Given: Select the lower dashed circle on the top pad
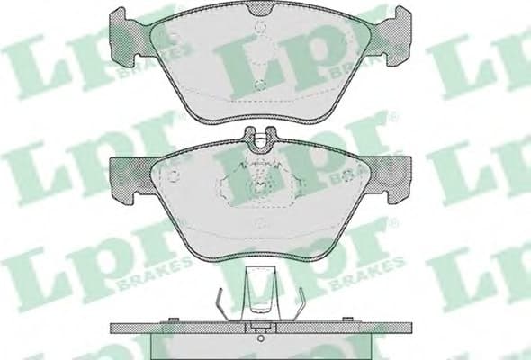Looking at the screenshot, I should (260, 86).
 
